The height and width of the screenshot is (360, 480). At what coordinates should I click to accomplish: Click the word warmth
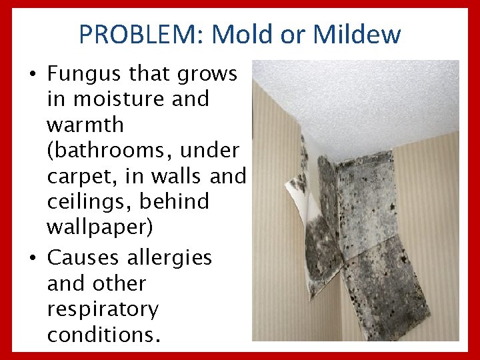[x=85, y=125]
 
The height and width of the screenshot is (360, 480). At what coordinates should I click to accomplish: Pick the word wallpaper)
[x=99, y=227]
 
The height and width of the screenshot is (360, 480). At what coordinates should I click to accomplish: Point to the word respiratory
[x=103, y=309]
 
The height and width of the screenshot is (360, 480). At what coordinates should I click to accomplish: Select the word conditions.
[x=103, y=334]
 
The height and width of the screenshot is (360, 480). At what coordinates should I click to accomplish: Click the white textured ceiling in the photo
[x=373, y=100]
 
